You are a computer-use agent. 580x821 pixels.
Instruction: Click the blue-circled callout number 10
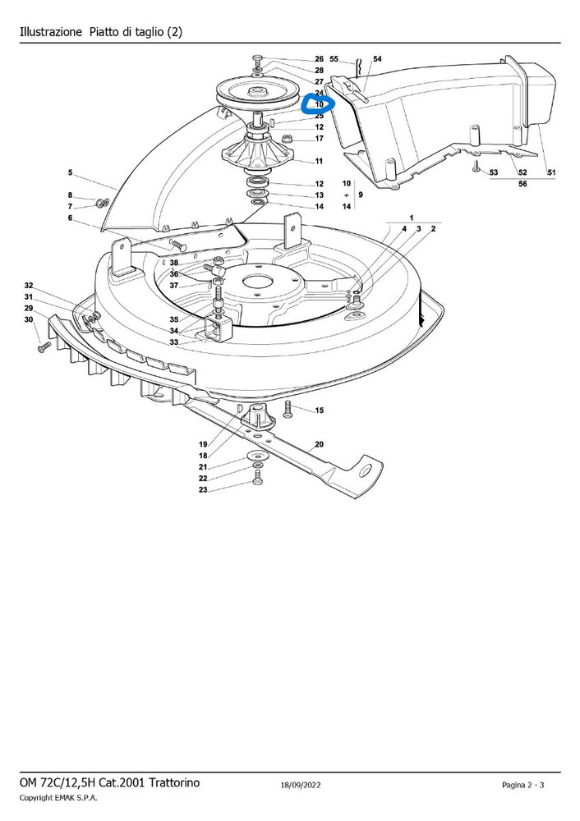tap(319, 105)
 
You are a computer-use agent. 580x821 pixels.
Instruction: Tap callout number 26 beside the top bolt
tap(319, 59)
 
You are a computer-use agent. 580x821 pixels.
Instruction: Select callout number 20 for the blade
tap(319, 444)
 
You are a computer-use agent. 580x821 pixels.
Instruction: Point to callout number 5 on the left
tap(70, 172)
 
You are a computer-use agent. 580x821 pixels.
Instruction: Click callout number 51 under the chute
tap(551, 172)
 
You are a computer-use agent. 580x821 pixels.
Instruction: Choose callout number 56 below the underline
tap(522, 184)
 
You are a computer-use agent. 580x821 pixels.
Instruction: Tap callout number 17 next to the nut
tap(319, 139)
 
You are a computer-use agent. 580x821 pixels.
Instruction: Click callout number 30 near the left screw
tap(29, 320)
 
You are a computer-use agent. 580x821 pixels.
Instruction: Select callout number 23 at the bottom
tap(203, 490)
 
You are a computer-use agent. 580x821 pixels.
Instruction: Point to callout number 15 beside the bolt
tap(319, 410)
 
